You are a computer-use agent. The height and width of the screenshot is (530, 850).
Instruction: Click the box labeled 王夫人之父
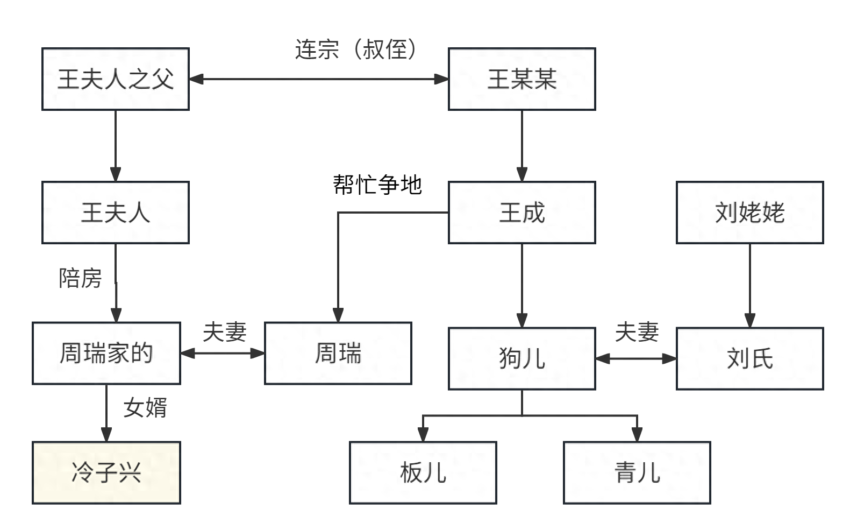[x=116, y=80]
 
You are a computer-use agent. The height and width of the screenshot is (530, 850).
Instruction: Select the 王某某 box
[x=522, y=80]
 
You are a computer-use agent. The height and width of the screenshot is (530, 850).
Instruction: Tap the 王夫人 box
[x=116, y=213]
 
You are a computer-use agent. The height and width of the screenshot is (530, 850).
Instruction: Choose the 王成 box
[x=522, y=213]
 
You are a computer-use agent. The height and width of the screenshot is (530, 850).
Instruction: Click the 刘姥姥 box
[x=749, y=213]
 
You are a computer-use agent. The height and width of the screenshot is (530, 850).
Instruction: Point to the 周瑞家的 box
[x=106, y=354]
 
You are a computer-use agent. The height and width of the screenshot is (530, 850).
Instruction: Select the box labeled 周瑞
[x=338, y=354]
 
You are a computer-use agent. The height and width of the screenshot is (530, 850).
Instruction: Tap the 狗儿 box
[x=522, y=358]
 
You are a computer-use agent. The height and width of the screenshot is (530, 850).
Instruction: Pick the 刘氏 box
[x=749, y=358]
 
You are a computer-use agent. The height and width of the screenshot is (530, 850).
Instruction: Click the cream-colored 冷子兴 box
[x=106, y=473]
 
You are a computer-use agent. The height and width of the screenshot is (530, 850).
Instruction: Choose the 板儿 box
[x=423, y=473]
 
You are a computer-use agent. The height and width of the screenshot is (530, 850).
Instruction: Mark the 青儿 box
[x=637, y=473]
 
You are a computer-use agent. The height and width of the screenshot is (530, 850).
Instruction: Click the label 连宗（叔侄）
[x=355, y=50]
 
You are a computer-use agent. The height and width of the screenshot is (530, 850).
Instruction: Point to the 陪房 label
[x=80, y=278]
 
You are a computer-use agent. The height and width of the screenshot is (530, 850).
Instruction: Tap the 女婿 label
[x=145, y=407]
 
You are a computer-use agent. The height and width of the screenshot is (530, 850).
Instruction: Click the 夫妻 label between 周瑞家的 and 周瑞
[x=224, y=332]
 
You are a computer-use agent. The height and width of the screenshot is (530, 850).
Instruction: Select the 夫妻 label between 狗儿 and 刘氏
[x=637, y=332]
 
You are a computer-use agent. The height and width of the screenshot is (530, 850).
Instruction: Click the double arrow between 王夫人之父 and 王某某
[x=318, y=80]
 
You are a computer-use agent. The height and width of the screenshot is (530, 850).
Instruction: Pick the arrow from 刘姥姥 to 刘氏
[x=749, y=285]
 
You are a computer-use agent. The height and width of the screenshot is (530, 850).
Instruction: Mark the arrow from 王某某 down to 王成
[x=522, y=145]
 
